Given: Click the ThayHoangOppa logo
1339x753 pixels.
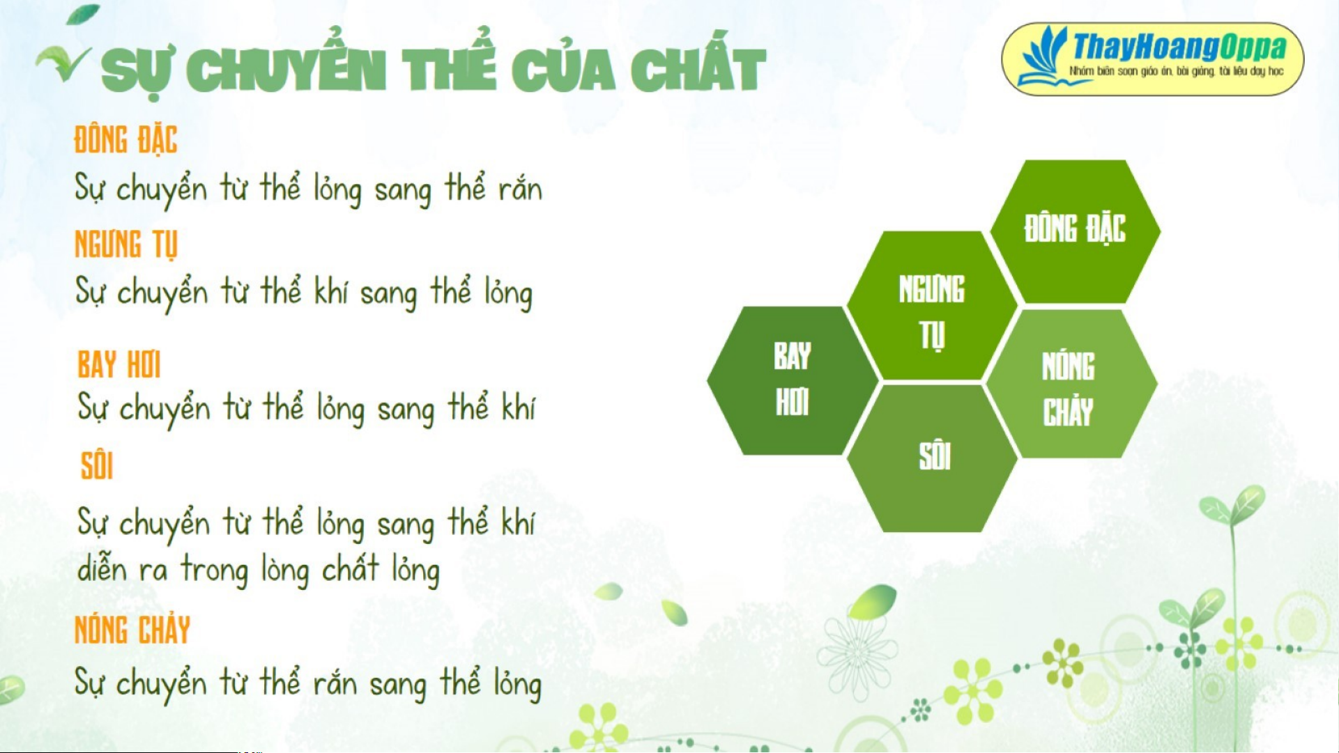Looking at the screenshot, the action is [x=1152, y=59].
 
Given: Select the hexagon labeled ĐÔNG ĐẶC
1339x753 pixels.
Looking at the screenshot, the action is [x=1075, y=231].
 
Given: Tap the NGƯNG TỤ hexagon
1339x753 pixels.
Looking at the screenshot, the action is [x=932, y=306].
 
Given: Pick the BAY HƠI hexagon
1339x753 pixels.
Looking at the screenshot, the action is [x=793, y=380].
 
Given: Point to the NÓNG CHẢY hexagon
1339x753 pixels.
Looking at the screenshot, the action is [x=1071, y=383].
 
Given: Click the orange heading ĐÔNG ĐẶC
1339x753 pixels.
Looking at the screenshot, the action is [x=125, y=139].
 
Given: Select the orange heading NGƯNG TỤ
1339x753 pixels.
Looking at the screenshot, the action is [x=126, y=244].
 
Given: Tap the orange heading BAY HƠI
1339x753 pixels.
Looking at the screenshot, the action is [x=119, y=364].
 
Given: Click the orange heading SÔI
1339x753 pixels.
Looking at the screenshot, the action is [x=97, y=466].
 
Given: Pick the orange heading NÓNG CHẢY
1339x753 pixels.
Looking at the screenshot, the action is [x=132, y=630].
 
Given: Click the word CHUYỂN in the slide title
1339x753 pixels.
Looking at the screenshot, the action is [x=286, y=70].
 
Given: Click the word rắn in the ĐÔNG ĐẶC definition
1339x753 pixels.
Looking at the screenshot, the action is [x=520, y=189].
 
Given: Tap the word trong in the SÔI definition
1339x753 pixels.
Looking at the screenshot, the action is [x=215, y=570].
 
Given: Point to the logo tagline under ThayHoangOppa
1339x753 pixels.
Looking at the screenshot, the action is [x=1176, y=71].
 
